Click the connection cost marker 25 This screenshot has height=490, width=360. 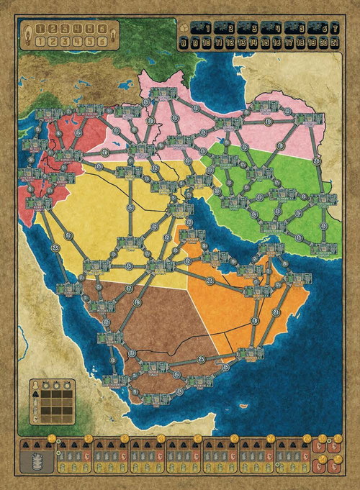[x=201, y=359]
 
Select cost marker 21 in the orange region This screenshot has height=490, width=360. [x=277, y=312]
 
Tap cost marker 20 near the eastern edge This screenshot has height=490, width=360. [x=318, y=161]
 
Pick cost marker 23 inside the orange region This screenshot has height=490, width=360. [x=210, y=280]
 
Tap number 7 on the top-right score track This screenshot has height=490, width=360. [x=335, y=29]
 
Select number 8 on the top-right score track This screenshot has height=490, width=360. [x=185, y=43]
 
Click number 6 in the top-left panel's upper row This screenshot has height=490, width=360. [x=104, y=29]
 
